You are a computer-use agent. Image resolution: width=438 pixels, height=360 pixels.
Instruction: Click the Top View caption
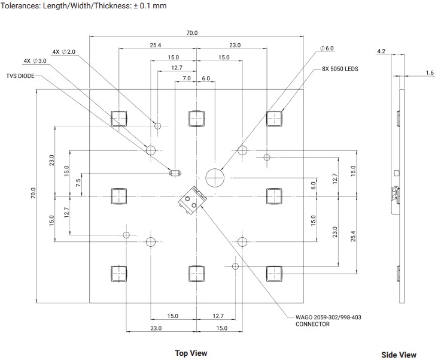[x=191, y=353]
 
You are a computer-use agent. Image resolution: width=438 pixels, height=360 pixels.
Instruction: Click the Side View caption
[x=399, y=355]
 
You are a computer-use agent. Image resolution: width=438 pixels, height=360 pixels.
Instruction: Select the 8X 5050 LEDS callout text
[x=340, y=69]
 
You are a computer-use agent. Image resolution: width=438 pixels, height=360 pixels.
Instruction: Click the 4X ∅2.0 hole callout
[x=64, y=52]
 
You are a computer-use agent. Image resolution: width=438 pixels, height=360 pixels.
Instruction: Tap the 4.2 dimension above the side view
[x=381, y=52]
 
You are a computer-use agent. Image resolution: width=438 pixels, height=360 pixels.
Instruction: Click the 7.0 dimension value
[x=186, y=78]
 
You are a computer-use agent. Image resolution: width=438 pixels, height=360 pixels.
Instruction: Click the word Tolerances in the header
[x=22, y=6]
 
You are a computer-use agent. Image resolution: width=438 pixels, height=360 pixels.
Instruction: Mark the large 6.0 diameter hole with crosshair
[x=214, y=177]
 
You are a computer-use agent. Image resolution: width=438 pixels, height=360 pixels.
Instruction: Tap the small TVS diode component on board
[x=175, y=173]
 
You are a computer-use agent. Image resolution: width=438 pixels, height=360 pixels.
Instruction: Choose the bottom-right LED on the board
[x=274, y=273]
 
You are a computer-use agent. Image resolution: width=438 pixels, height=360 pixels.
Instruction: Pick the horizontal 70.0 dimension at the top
[x=191, y=33]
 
